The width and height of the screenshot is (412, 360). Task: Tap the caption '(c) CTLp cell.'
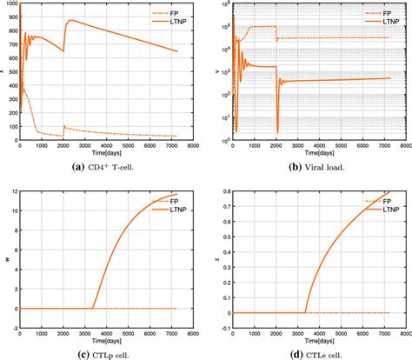[x=103, y=352]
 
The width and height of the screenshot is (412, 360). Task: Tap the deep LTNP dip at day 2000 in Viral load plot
[x=276, y=131]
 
